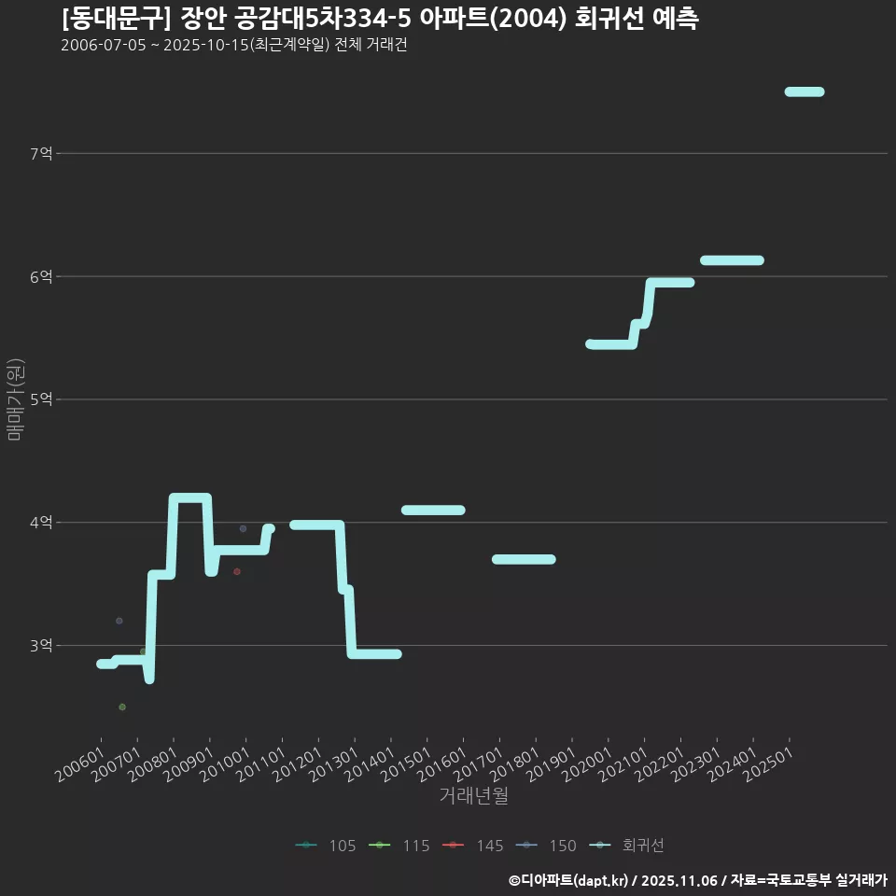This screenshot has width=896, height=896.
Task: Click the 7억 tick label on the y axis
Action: tap(42, 153)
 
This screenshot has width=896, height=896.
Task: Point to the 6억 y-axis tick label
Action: tap(42, 276)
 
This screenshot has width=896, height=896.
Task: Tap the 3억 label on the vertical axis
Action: tap(42, 645)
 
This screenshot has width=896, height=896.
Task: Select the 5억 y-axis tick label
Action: tap(42, 399)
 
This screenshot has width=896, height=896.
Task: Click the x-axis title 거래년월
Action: tap(473, 796)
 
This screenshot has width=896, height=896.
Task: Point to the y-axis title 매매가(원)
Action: tap(14, 399)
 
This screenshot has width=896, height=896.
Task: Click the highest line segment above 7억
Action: tap(804, 91)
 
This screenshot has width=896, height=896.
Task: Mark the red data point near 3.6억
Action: tap(237, 571)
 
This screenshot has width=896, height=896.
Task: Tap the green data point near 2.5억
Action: tap(122, 707)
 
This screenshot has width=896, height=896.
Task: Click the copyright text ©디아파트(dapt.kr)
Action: tap(570, 880)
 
